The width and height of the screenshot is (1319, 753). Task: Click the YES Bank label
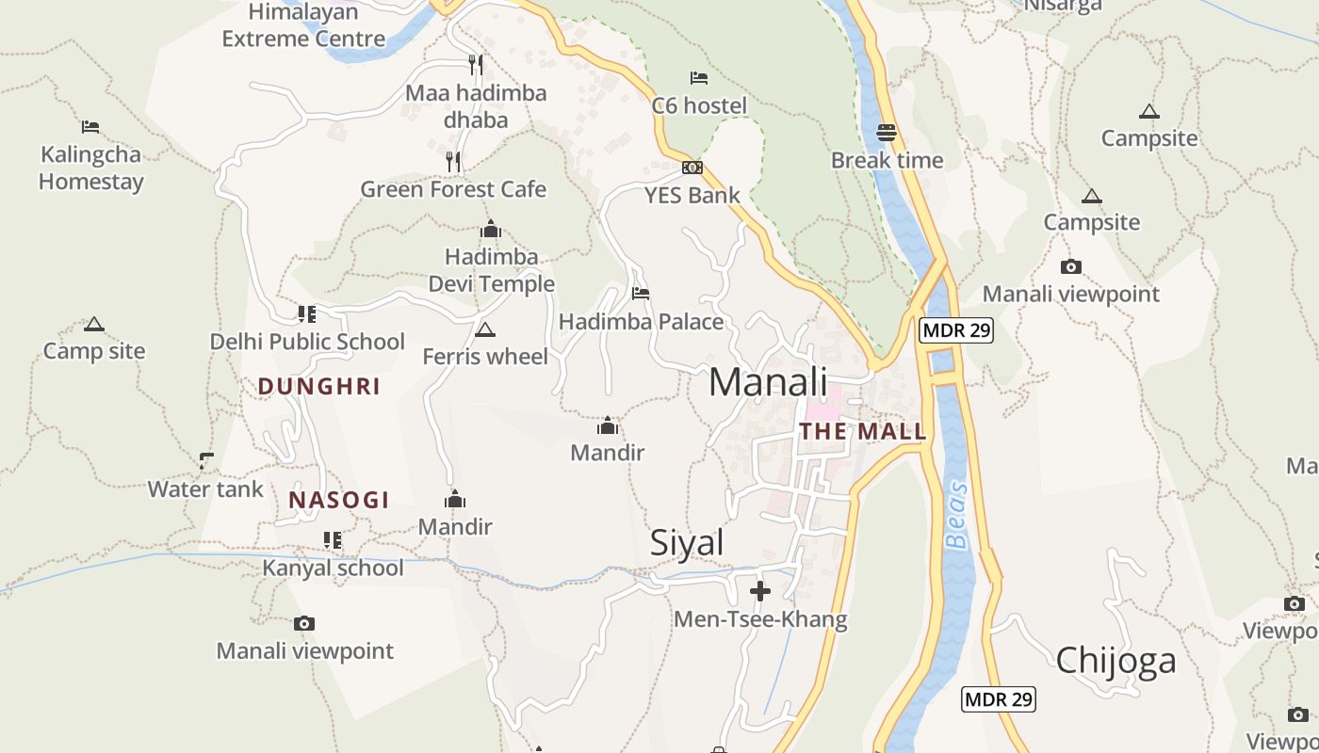692,196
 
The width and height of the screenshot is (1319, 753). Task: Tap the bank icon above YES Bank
692,168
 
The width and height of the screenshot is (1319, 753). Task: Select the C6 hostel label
699,105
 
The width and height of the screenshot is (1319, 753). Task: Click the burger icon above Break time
886,133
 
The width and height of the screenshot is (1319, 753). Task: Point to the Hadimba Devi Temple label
491,270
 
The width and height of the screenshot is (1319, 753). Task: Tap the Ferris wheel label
485,357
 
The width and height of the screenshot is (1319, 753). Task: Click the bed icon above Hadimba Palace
641,294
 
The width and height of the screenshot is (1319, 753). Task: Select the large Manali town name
768,382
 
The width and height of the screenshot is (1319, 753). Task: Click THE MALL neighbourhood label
863,432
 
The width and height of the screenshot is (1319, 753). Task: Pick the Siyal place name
687,543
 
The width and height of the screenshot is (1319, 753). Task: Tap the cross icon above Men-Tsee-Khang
760,591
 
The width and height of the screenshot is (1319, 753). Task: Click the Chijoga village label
1115,661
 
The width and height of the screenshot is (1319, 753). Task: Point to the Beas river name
956,515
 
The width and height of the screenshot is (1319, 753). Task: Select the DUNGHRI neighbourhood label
319,387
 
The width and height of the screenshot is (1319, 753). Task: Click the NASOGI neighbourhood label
339,500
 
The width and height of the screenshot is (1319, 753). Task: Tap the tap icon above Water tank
206,461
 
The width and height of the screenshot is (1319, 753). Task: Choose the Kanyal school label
333,568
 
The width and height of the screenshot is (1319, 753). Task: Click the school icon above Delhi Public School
306,313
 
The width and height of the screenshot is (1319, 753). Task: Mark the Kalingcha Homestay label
90,168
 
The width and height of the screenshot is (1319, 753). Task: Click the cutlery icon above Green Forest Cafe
453,162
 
